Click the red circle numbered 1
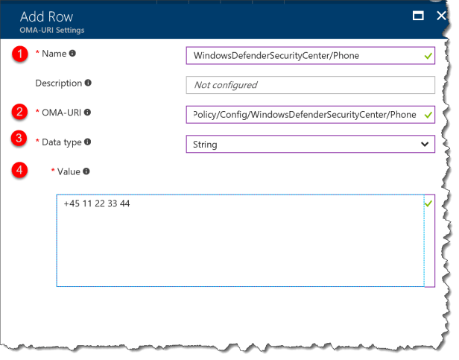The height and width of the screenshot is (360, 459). tap(22, 54)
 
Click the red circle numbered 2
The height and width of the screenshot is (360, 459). tap(22, 113)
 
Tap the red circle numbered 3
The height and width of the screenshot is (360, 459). tap(22, 139)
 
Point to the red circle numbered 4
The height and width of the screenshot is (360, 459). tap(22, 171)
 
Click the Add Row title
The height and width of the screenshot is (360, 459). tap(46, 16)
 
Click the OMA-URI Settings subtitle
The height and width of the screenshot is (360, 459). tap(52, 31)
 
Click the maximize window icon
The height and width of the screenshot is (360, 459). tap(419, 16)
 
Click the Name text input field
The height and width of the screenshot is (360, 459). tap(302, 55)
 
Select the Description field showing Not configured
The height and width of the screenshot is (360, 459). tap(310, 85)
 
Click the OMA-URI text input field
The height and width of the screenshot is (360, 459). tap(302, 114)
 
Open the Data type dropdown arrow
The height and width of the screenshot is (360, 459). tap(425, 144)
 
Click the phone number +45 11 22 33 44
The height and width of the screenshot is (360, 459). tap(97, 203)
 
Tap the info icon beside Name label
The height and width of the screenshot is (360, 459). tap(72, 54)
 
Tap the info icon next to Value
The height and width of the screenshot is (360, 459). tap(86, 171)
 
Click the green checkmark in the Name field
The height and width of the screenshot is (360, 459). tap(427, 55)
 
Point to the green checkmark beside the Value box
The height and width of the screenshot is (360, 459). tap(428, 203)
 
